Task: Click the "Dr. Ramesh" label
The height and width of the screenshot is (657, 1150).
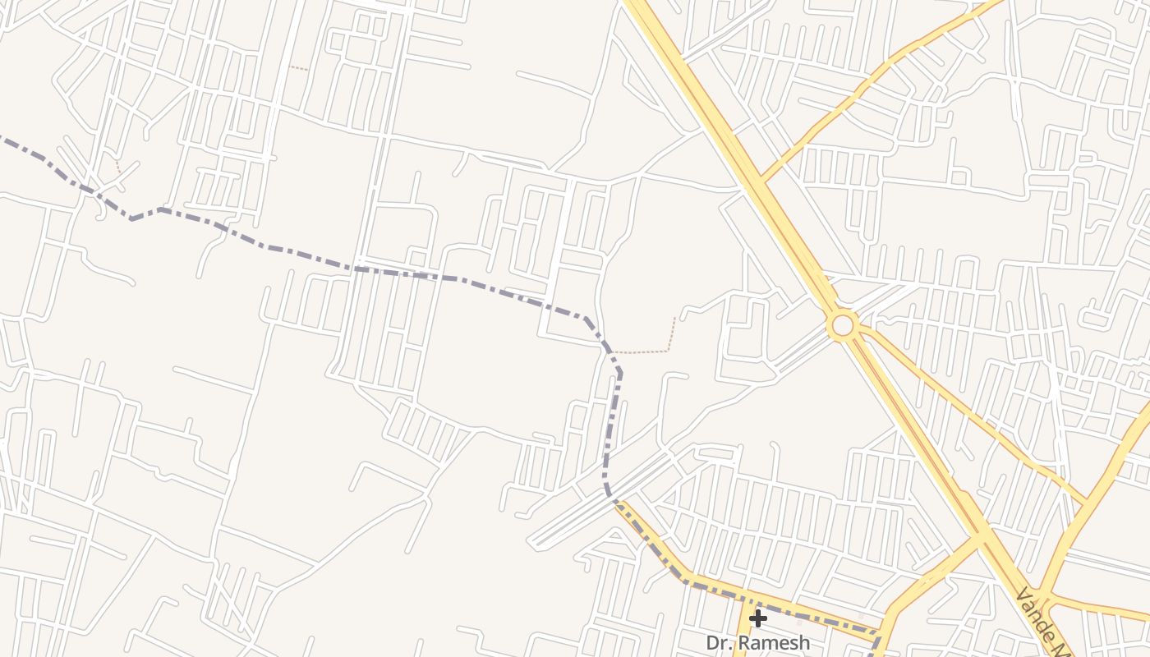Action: click(757, 642)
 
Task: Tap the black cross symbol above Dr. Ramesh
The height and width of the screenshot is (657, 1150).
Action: click(757, 618)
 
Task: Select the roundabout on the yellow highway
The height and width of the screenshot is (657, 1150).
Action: click(843, 325)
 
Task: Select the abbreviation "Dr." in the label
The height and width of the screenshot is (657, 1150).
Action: click(719, 642)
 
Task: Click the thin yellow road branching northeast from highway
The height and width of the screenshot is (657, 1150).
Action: click(862, 82)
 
